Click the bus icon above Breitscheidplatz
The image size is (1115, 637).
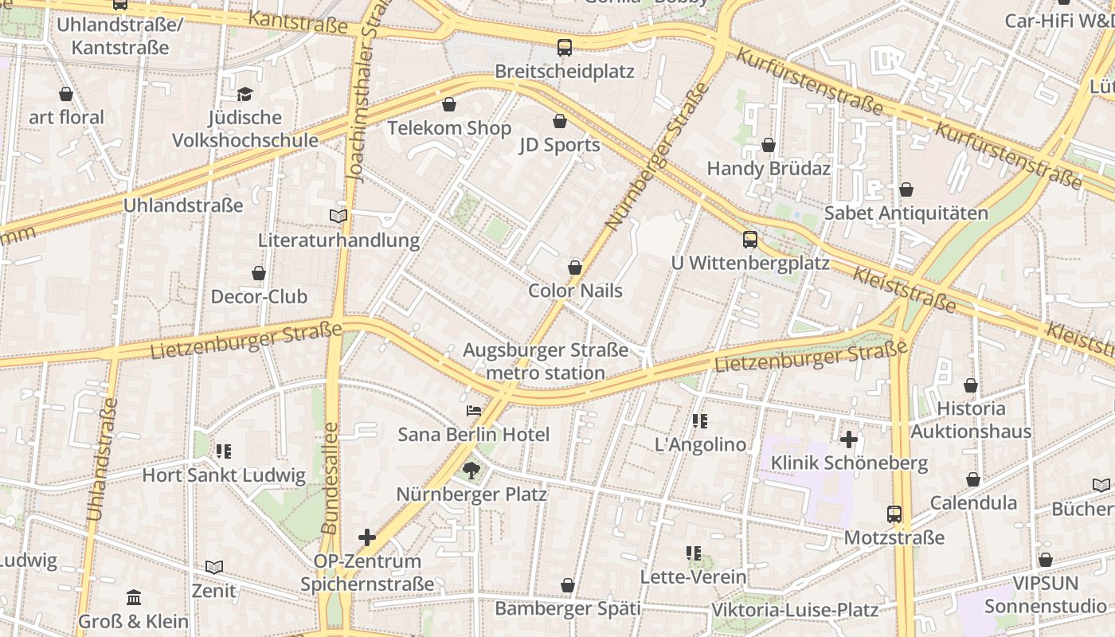[565, 48]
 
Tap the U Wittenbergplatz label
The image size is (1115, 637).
[750, 263]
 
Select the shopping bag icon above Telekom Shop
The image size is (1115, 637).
[449, 104]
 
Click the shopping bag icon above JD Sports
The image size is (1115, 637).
[560, 121]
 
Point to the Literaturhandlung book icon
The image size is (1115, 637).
[338, 216]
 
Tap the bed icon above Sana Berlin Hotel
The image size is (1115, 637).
[474, 411]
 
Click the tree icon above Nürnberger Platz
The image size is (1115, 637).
[471, 471]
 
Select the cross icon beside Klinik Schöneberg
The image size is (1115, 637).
[849, 439]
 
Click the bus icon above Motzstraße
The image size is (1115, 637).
[894, 514]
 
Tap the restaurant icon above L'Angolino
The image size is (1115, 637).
[700, 421]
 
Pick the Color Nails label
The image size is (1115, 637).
[575, 291]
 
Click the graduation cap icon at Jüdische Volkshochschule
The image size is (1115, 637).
[245, 94]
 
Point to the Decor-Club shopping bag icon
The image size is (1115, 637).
[259, 273]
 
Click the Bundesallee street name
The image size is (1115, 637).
[331, 478]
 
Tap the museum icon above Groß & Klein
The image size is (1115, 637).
[134, 597]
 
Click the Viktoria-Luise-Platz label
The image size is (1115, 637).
[794, 610]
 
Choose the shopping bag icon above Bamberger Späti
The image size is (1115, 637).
[568, 586]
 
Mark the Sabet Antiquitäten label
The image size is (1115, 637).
[906, 213]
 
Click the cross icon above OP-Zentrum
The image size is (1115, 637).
[367, 537]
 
